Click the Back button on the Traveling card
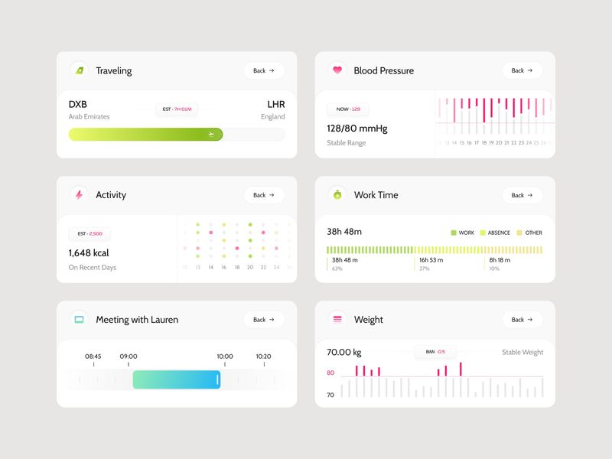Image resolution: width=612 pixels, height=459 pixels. point(264,70)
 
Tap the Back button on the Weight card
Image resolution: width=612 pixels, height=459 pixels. point(522,320)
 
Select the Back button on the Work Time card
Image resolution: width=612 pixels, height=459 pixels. point(522,195)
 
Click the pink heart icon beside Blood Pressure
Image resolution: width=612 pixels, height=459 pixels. point(337,70)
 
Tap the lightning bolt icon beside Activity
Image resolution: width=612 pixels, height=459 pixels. point(79,195)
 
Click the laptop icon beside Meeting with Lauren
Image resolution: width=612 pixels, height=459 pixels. point(79,320)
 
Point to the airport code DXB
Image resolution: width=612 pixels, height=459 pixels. point(78,104)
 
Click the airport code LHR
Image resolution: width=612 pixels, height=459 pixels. point(275,104)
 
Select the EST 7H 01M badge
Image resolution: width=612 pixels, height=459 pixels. point(177,109)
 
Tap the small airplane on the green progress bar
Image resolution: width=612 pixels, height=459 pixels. point(211,135)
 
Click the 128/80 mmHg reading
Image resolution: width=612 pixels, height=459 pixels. point(357,129)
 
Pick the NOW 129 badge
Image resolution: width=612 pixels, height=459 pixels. point(348,109)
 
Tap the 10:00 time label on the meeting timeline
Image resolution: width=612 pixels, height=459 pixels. point(225,356)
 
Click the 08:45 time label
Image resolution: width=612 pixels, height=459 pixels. point(93,356)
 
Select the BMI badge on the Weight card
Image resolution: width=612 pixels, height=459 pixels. point(435,352)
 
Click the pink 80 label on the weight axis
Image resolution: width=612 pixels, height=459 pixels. point(330,373)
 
